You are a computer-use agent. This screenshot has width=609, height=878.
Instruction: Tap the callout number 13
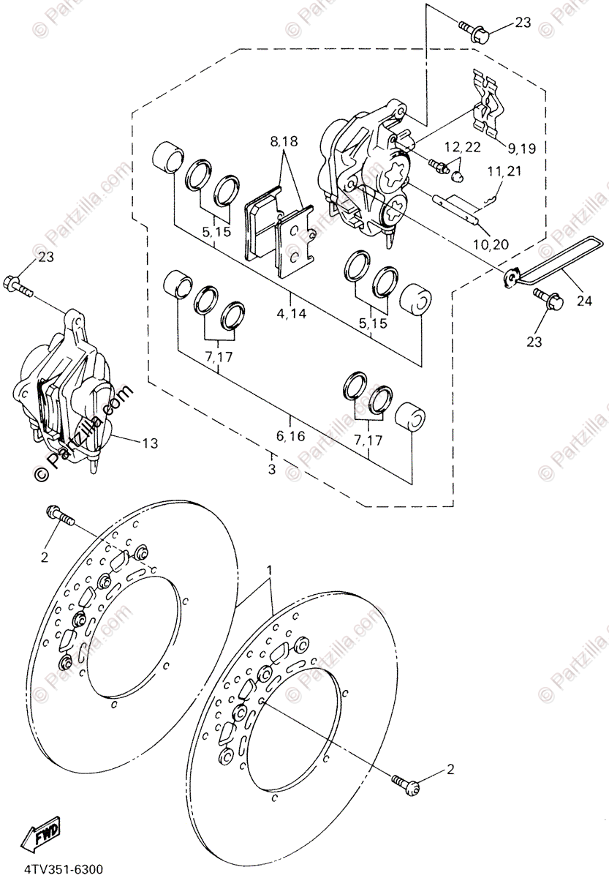pos(149,443)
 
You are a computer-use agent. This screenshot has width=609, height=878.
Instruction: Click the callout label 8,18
pos(284,143)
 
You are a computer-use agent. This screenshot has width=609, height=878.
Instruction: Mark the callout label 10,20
pos(491,243)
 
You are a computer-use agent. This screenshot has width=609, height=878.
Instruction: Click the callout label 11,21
pos(503,171)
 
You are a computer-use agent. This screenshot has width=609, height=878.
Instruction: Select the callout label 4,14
pos(290,314)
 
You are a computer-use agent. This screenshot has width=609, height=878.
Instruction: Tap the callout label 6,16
pos(290,436)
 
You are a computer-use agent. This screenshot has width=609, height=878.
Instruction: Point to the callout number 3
pos(271,469)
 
